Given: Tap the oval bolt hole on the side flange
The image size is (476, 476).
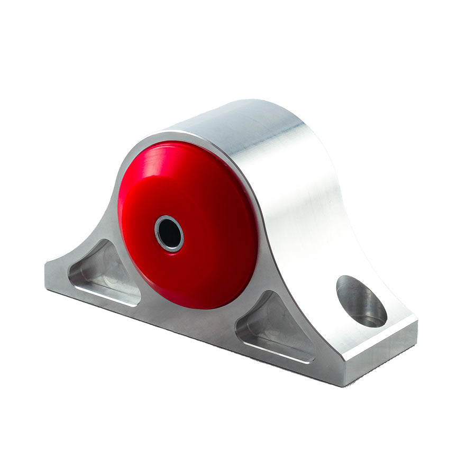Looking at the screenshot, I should coord(361,301).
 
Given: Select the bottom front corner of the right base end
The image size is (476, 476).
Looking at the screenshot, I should coord(346,383).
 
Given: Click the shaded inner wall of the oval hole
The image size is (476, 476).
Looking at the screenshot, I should coord(352,296).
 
